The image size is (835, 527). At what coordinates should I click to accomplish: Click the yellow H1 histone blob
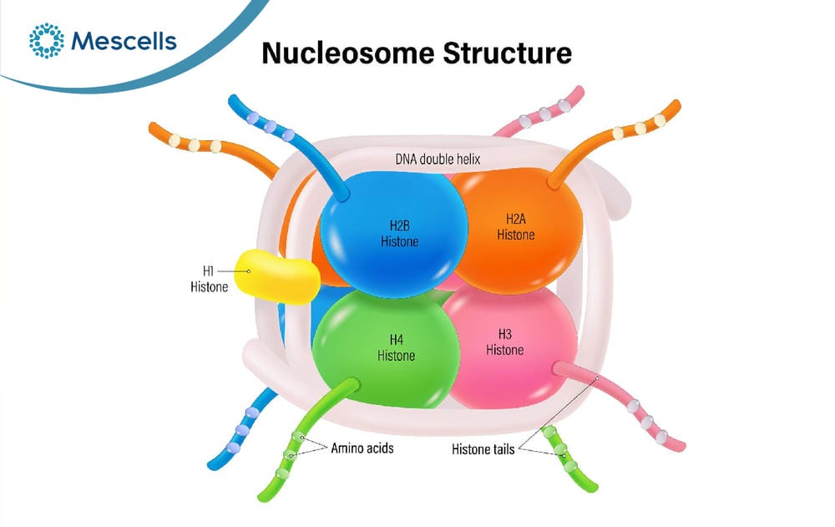coord(277,276)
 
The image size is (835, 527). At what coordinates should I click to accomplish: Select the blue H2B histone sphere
coord(393,235)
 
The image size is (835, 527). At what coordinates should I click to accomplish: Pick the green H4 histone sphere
coord(386,349)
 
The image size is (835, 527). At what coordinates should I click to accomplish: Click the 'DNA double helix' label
coord(438,160)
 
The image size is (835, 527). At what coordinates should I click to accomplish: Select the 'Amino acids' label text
coord(362,448)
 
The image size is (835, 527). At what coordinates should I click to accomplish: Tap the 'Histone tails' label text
coord(483,449)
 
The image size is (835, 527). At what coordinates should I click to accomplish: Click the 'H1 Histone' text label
coord(210,279)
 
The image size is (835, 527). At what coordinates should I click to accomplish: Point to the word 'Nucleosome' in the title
coord(348,53)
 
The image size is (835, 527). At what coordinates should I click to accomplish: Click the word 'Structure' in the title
coord(508,53)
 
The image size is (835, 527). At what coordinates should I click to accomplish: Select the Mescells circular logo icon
coord(46,40)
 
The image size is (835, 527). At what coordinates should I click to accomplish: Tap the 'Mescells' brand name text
coord(124,41)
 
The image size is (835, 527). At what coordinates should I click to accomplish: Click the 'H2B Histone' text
coord(399,233)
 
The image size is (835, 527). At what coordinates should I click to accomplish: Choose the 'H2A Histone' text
coord(515,226)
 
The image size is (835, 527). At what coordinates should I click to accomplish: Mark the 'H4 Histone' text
coord(396,347)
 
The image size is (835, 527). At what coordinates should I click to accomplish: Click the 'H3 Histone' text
coord(505,342)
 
